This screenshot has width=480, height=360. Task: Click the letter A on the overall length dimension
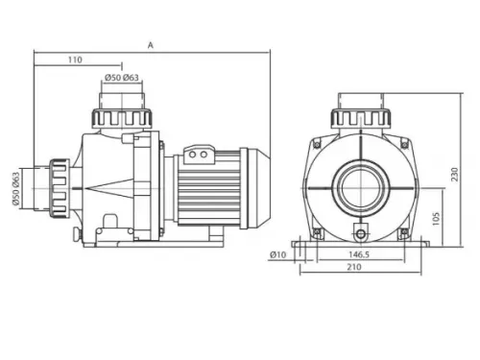[x=152, y=44]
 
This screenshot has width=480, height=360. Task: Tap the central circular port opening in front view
[x=360, y=190]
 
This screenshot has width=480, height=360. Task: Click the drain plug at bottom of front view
[x=360, y=232]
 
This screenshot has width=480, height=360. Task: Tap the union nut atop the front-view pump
[x=360, y=117]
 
